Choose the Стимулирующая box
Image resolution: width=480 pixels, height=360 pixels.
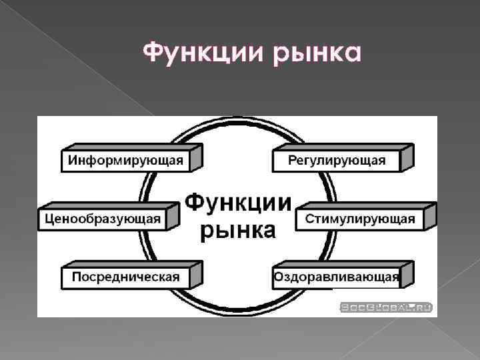[x=360, y=219]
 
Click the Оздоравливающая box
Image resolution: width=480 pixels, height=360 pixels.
[x=336, y=277]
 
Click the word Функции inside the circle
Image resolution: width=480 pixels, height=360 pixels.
[x=238, y=202]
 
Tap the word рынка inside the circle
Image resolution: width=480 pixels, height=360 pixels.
[x=238, y=230]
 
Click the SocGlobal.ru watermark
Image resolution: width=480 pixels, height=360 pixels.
[x=386, y=307]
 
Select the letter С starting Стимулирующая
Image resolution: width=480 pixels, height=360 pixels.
[x=309, y=219]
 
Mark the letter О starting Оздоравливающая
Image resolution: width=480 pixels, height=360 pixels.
[x=278, y=277]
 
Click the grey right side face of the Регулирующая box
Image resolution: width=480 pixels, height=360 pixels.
[x=407, y=157]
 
